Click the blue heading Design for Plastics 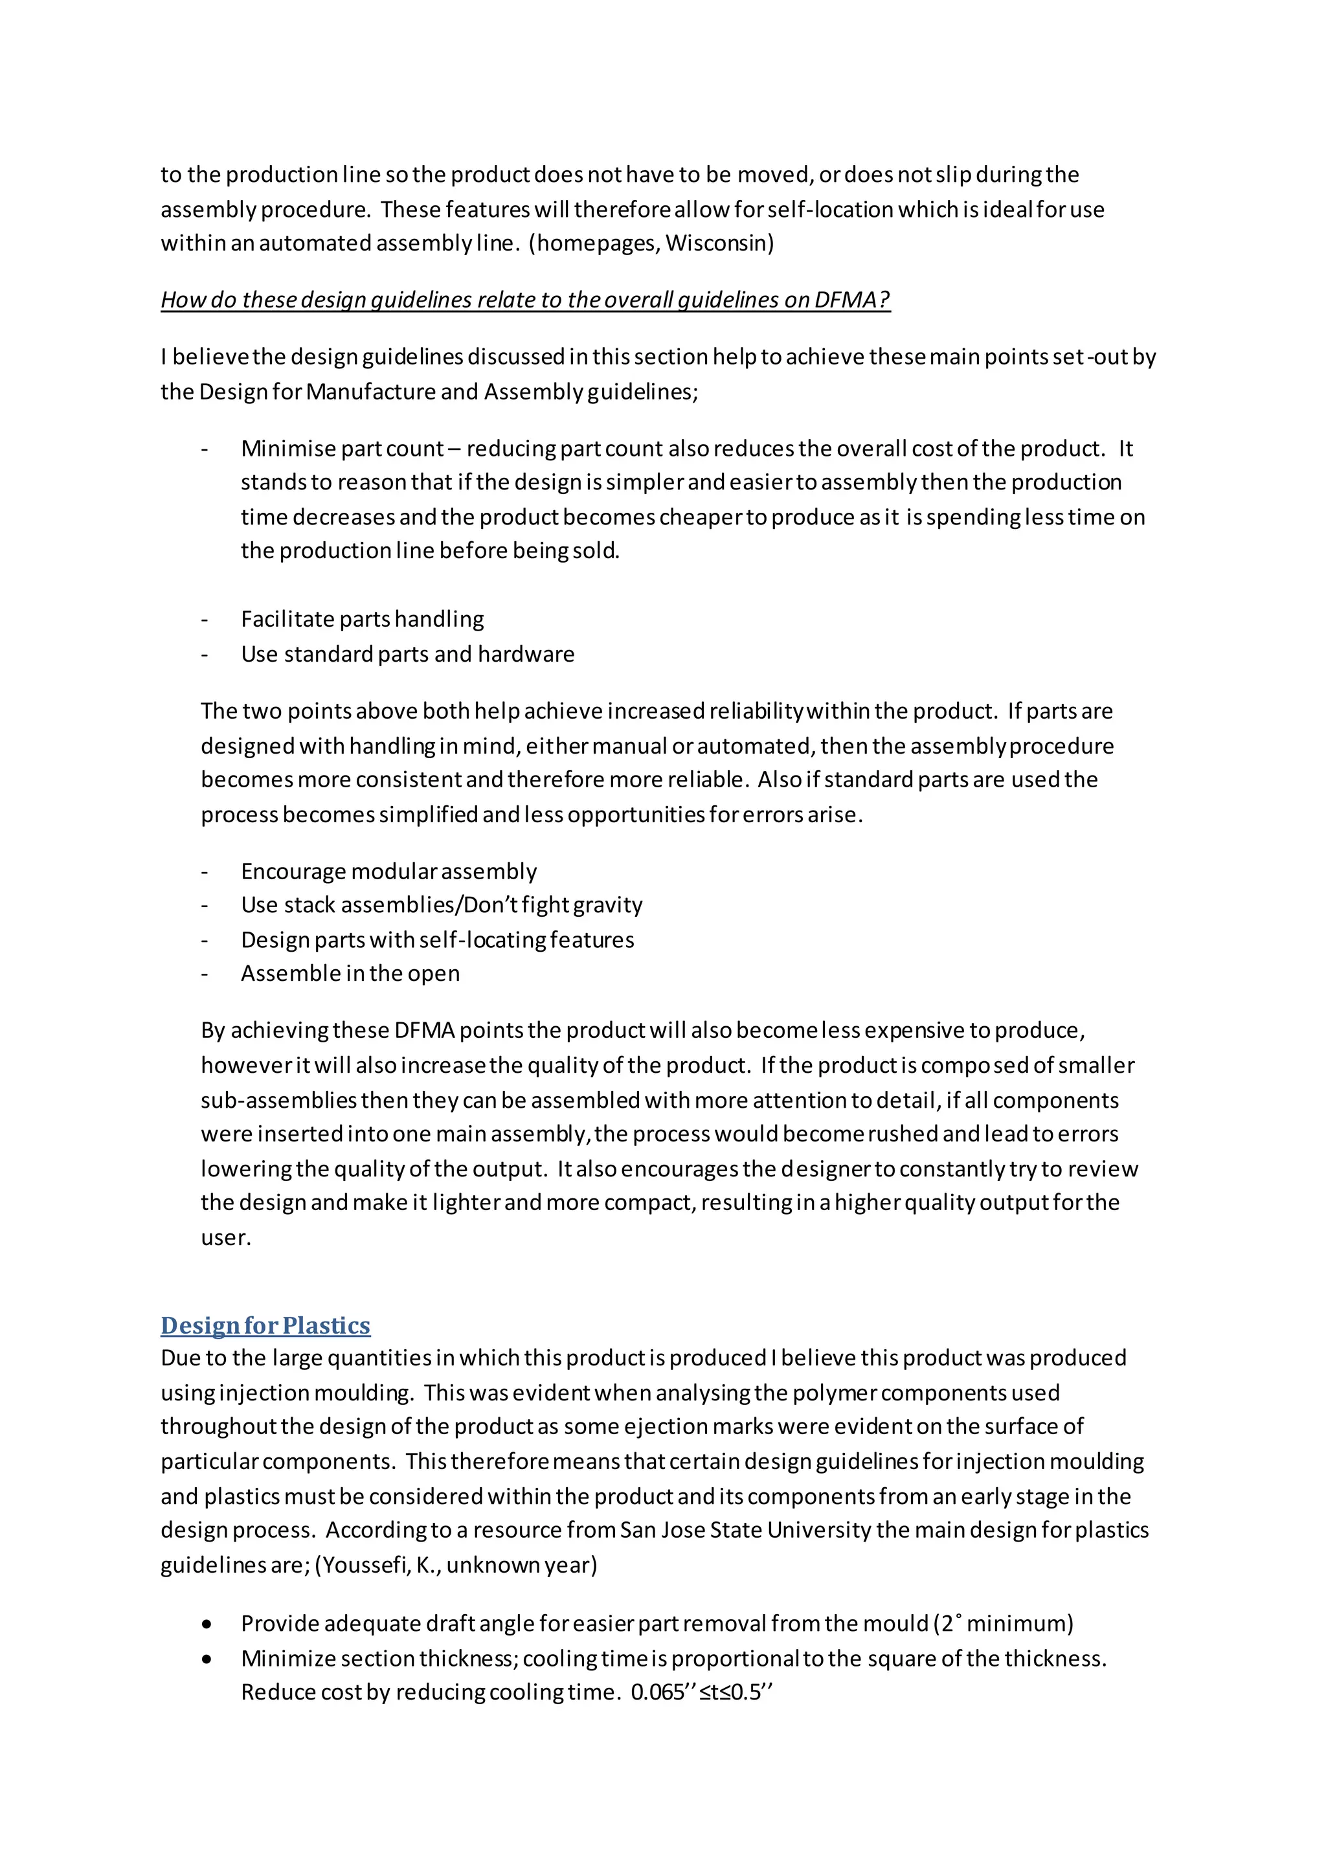(265, 1325)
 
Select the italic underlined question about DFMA (525, 300)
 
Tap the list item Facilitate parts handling (362, 619)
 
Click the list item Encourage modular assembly (388, 871)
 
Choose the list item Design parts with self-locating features (437, 940)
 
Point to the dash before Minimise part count (205, 449)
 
